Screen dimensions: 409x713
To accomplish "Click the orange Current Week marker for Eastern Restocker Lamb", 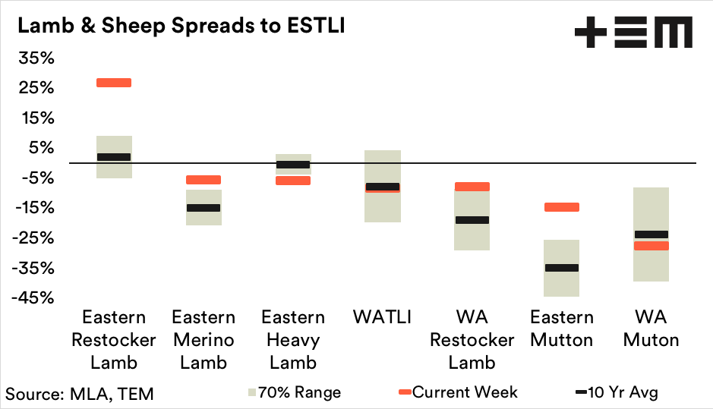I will [x=114, y=83].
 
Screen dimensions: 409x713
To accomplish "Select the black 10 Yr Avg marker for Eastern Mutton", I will [x=562, y=268].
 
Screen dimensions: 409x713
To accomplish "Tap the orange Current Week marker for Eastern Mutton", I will [x=562, y=207].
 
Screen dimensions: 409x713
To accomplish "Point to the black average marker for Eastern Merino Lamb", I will [x=203, y=208].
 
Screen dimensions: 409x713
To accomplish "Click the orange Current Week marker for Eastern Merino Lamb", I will [x=203, y=180].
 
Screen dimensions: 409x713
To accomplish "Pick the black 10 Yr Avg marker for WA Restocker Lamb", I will [x=472, y=220].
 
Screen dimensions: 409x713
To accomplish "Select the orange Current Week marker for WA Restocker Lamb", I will [x=472, y=187].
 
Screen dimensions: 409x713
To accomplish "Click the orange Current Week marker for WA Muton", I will [x=651, y=246].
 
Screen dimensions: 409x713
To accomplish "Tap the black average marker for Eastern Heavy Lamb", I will [x=293, y=165].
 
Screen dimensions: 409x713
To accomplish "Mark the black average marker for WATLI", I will [x=383, y=187].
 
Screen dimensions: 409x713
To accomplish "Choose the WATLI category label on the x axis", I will [x=383, y=317].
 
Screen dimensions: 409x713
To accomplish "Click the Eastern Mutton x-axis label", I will [x=562, y=328].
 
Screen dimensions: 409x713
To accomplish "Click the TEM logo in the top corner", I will [x=633, y=33].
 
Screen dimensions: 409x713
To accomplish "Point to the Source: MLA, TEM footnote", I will [x=80, y=393].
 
